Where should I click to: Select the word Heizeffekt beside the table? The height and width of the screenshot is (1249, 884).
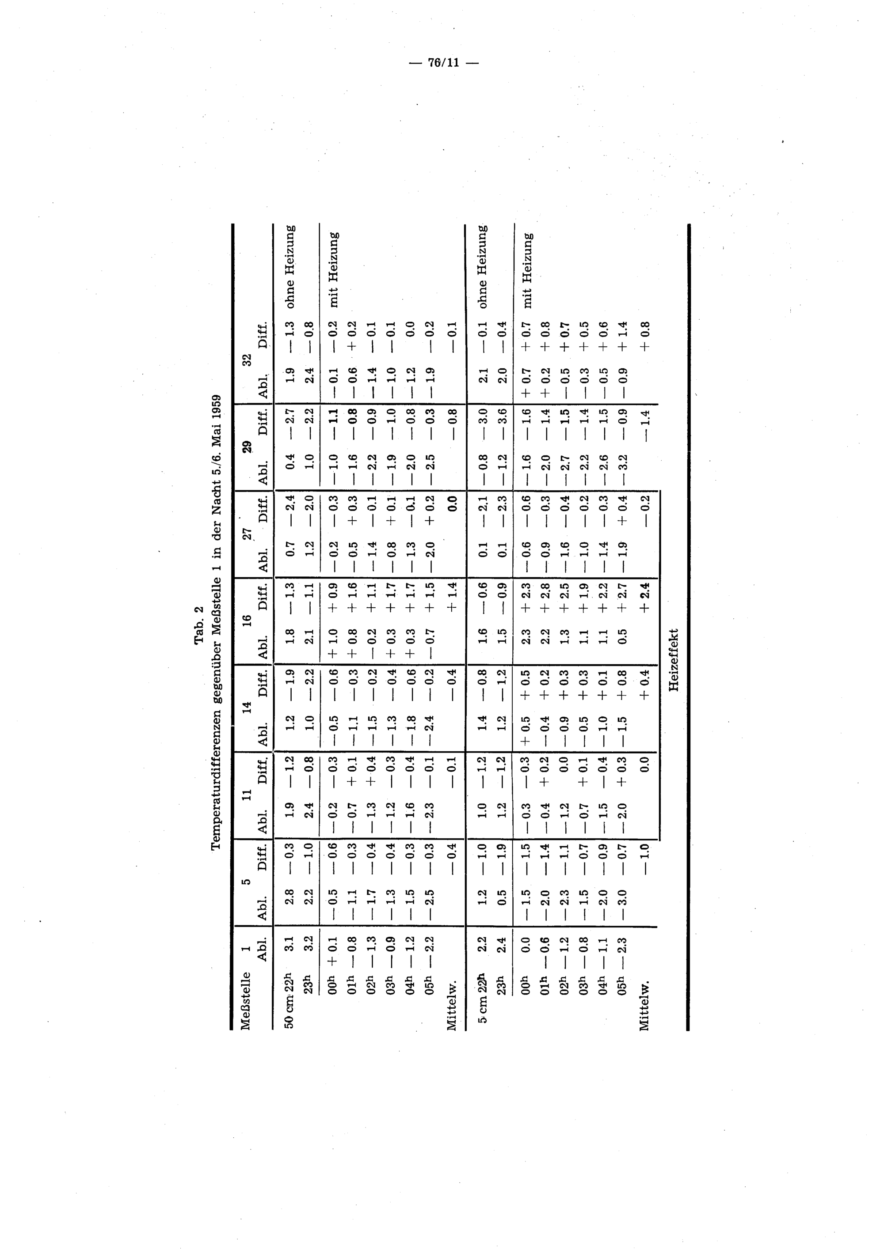coord(675,660)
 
